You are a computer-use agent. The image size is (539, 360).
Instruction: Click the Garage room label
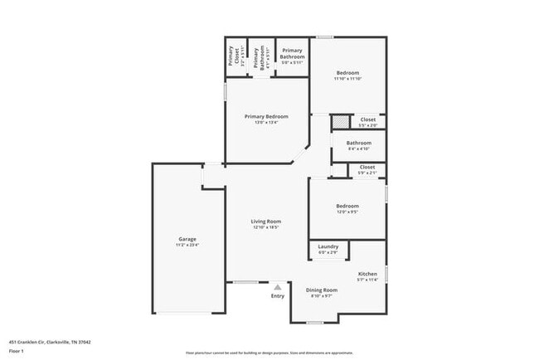point(187,239)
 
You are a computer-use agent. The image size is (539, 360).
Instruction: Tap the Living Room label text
point(267,221)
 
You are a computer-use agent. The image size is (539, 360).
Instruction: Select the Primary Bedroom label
point(266,116)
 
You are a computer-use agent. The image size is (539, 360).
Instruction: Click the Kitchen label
point(367,274)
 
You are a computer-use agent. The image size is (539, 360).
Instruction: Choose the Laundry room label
point(328,246)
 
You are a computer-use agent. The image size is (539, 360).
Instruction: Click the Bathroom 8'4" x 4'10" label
point(359,143)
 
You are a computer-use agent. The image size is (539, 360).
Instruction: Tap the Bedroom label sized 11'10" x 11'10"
point(347,72)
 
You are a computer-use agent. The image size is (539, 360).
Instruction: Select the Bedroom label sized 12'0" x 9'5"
point(347,206)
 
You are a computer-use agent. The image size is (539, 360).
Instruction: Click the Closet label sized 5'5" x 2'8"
point(368,119)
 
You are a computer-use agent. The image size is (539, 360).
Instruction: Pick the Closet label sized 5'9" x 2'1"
point(367,167)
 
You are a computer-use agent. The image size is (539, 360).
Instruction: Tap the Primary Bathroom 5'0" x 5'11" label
point(292,54)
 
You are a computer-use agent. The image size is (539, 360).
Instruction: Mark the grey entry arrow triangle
point(277,287)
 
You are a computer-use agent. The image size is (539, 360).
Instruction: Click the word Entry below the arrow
point(277,296)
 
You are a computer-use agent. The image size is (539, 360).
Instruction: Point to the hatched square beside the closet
point(340,122)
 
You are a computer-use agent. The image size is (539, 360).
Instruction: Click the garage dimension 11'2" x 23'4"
point(187,245)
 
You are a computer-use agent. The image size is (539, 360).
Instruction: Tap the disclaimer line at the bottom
point(269,351)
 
